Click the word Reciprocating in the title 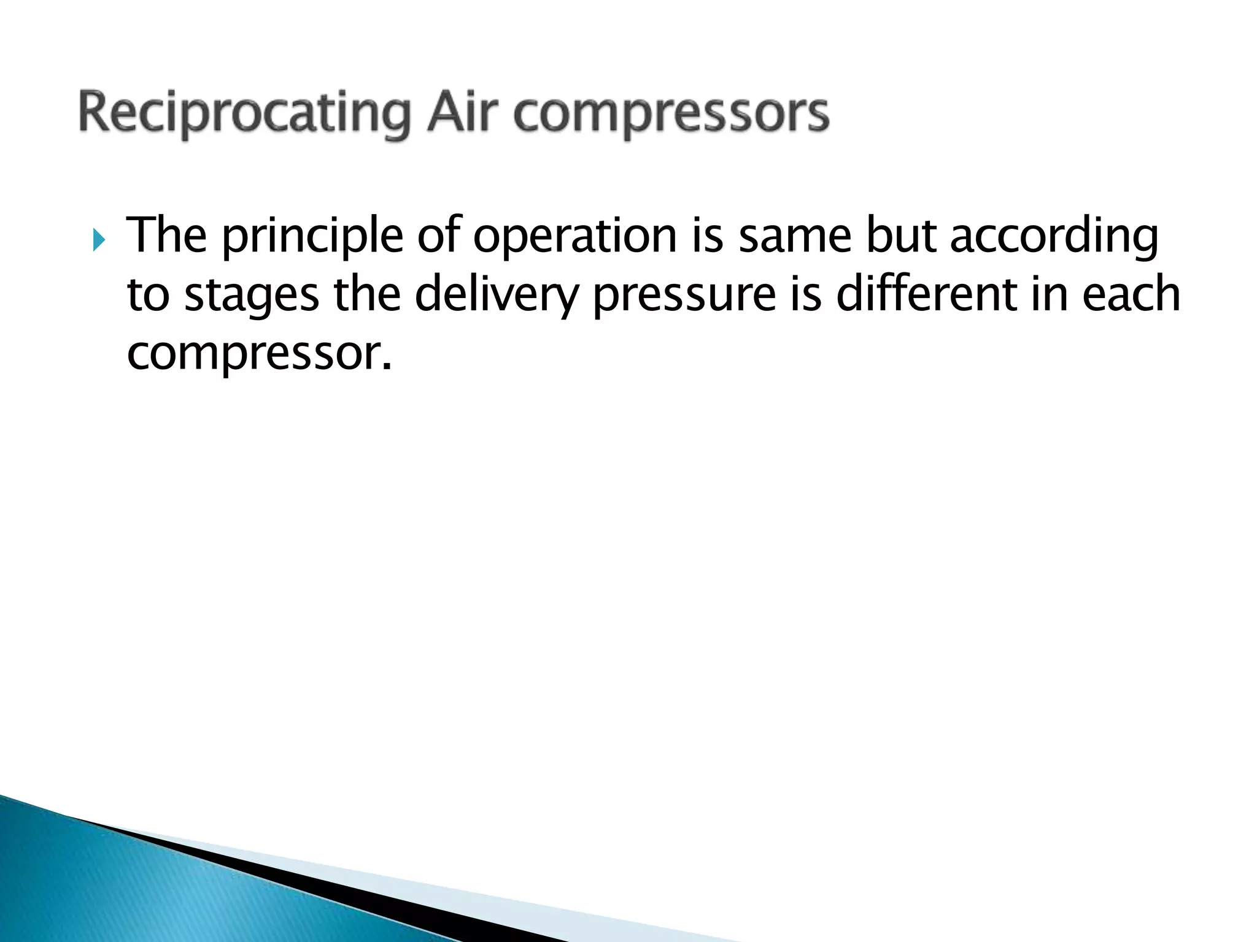(x=244, y=115)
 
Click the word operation (x=574, y=237)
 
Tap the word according (x=1054, y=237)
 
